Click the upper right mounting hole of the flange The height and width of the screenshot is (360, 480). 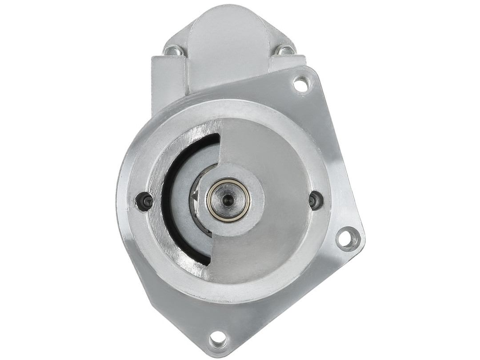coord(301,84)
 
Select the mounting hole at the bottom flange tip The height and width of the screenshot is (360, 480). coord(218,339)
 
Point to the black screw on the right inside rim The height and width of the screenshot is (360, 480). coord(316,200)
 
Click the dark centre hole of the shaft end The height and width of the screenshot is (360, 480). coord(228,199)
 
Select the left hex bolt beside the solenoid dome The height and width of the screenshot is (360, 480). coord(173,51)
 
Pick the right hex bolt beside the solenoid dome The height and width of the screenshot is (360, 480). coord(284,50)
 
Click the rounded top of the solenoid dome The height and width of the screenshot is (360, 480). coord(228,22)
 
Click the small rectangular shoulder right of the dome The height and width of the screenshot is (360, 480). coord(289,62)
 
